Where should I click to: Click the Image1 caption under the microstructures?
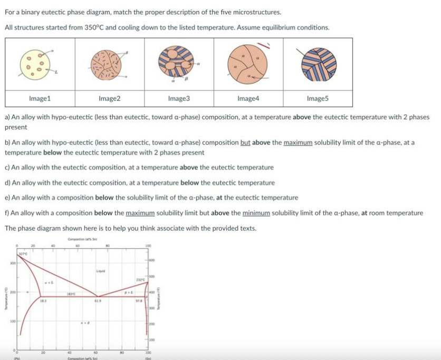coord(40,98)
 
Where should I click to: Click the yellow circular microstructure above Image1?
coord(36,64)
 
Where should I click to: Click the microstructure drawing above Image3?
coord(176,64)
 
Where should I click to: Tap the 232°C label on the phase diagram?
coord(140,280)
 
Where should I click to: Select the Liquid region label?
coord(99,271)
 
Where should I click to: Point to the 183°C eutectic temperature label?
coord(72,293)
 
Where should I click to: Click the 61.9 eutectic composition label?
coord(98,300)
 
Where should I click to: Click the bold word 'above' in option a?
coord(301,117)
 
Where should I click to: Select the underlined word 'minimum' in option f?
coord(256,213)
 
